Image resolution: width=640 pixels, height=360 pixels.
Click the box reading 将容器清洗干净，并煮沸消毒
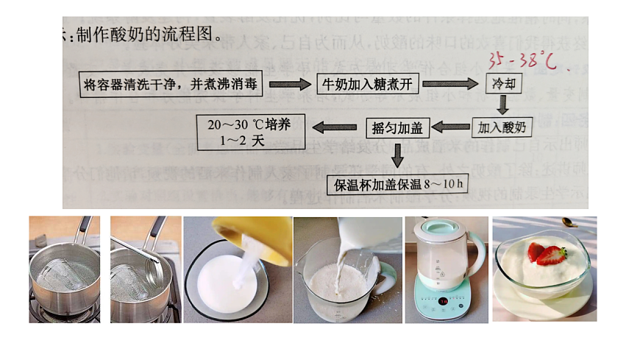coord(171,84)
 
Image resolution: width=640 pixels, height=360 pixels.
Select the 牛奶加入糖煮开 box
coord(368,84)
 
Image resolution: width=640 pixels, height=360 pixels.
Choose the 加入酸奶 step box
coord(502,127)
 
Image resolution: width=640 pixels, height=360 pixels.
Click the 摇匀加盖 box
coord(397,127)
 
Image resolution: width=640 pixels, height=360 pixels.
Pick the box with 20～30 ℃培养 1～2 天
coord(251,131)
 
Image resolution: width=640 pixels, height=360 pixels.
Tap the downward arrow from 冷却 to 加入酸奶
coord(503,105)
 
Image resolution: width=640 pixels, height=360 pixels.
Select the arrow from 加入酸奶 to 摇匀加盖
coord(450,127)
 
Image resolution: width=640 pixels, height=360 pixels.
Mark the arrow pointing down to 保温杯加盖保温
coord(398,155)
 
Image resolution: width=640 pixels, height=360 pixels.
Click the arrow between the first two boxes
coord(290,84)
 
